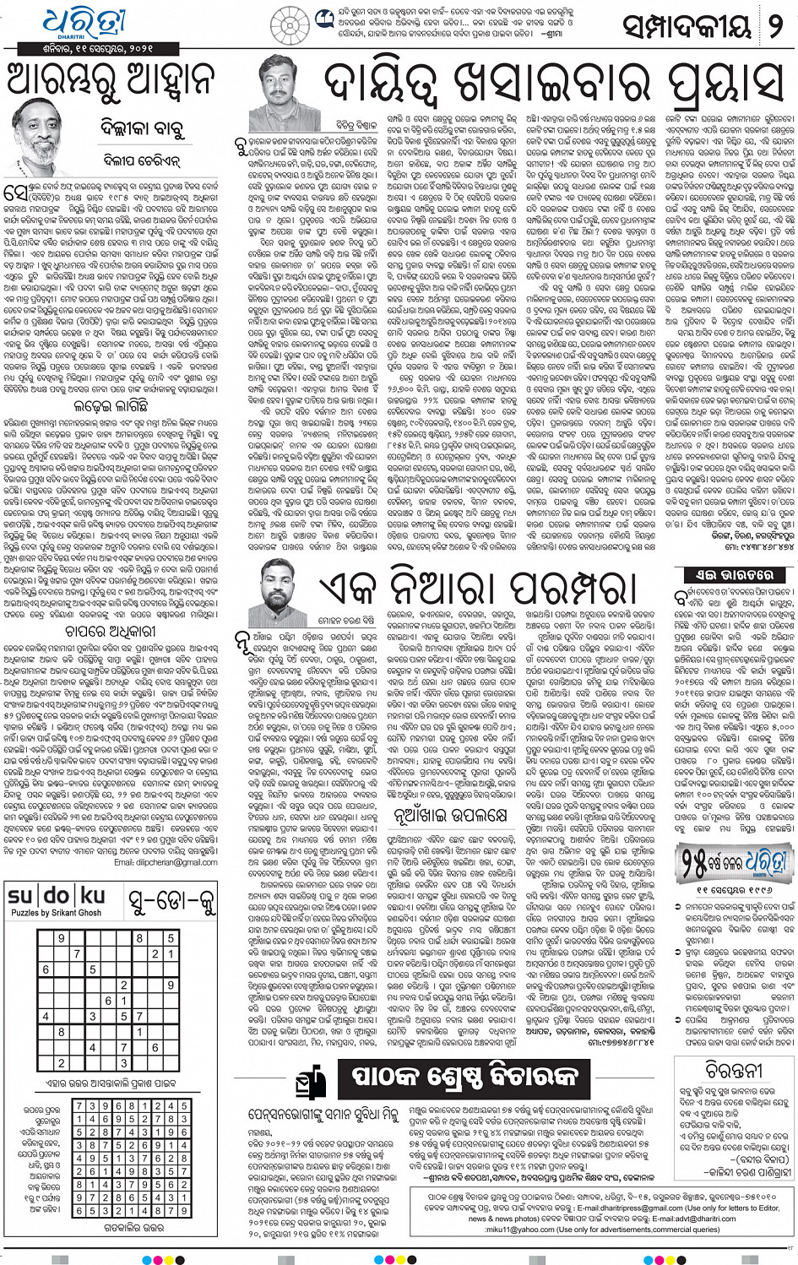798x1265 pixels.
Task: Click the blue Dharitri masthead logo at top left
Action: (84, 24)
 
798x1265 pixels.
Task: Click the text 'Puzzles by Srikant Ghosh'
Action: (56, 912)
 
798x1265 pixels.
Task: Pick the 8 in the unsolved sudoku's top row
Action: (139, 937)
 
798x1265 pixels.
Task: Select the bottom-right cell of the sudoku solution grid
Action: (182, 1210)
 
